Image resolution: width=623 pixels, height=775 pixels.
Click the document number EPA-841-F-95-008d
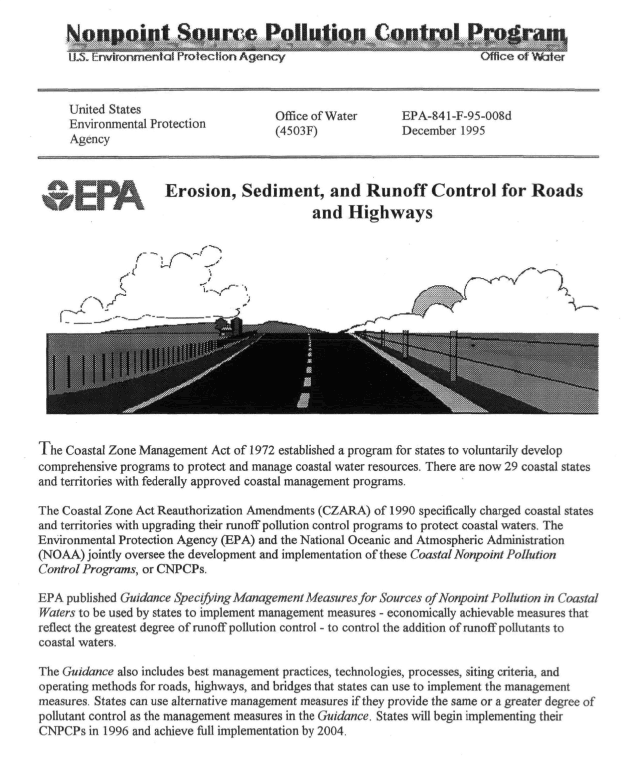[457, 116]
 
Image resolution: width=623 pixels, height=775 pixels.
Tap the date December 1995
[443, 131]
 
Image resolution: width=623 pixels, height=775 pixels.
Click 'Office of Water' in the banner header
[522, 57]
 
